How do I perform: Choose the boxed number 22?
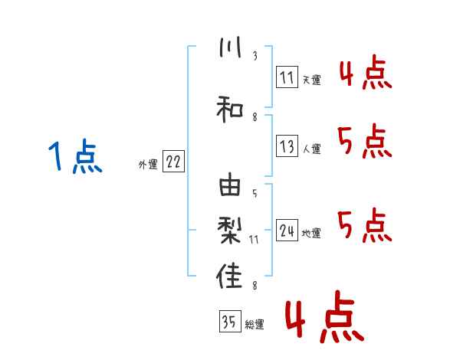173,162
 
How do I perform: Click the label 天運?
311,78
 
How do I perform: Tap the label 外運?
147,164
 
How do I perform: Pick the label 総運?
254,324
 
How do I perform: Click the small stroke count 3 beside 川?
255,55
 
